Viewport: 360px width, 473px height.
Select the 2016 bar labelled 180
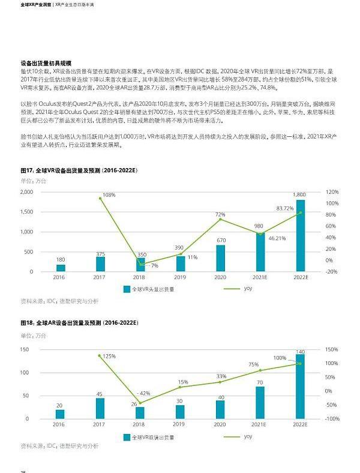(x=60, y=268)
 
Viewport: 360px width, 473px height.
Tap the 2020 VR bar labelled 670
(x=220, y=258)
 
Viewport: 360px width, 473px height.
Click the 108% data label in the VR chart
(x=109, y=195)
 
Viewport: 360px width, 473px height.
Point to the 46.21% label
(x=277, y=238)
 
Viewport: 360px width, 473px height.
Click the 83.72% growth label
(x=285, y=208)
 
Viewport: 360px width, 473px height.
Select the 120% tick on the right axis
(x=332, y=191)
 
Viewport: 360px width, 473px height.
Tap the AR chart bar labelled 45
(x=100, y=408)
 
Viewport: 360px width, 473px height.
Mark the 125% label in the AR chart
(x=109, y=356)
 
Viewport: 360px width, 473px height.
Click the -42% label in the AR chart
(x=143, y=393)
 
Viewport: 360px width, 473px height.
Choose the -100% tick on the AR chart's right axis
(x=332, y=418)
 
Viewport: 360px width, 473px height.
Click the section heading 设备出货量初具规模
(x=46, y=62)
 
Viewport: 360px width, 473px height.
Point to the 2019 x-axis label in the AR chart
(x=180, y=424)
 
